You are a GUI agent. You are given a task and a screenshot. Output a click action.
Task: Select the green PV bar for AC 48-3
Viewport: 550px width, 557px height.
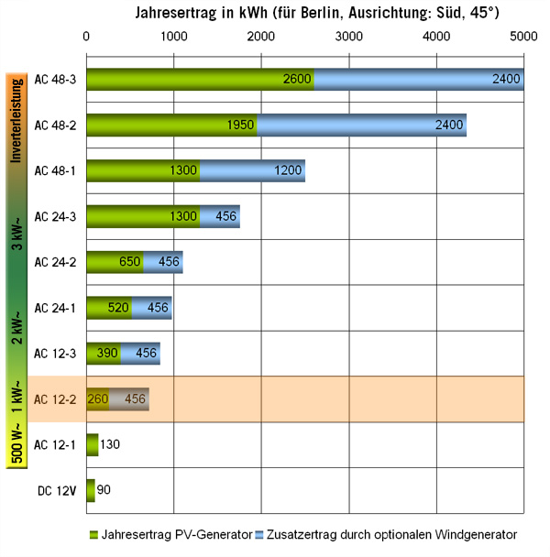tap(200, 80)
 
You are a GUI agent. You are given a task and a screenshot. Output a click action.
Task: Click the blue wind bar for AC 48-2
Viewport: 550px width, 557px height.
tap(362, 125)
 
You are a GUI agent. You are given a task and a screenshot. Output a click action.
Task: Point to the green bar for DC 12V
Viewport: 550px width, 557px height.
tap(90, 490)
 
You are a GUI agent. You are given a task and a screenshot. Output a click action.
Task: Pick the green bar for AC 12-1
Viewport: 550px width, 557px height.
tap(92, 444)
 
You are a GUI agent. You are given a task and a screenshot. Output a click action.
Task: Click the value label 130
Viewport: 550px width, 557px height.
tap(111, 444)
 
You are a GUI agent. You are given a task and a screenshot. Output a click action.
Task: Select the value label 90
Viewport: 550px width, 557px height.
tap(104, 490)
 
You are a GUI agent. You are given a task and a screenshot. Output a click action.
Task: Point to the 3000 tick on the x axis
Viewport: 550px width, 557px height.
tap(348, 38)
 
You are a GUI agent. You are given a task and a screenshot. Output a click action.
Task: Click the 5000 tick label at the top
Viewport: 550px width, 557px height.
tap(523, 38)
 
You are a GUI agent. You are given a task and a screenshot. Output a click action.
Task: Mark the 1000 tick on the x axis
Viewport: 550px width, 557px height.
tap(173, 38)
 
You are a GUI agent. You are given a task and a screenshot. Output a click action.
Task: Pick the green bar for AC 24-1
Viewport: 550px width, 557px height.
tap(108, 308)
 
